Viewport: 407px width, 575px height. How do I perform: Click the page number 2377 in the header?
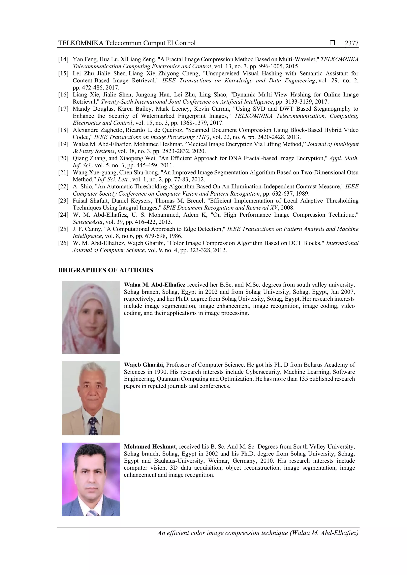(x=351, y=43)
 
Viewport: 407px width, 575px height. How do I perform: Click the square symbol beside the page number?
(x=332, y=43)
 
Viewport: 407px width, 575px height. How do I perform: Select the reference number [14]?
(x=63, y=59)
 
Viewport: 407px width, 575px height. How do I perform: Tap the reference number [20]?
(x=63, y=158)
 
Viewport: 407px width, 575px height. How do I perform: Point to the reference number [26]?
(x=63, y=243)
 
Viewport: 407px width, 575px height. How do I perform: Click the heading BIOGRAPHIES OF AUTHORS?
(x=106, y=270)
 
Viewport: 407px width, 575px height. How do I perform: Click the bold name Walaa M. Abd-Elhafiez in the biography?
(x=155, y=285)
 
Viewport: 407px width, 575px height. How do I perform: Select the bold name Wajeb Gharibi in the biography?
(x=144, y=365)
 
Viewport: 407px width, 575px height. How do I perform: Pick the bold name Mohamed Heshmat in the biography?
(x=150, y=447)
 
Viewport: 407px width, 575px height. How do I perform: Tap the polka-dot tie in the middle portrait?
(x=93, y=426)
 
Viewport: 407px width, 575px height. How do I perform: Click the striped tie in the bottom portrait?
(x=92, y=513)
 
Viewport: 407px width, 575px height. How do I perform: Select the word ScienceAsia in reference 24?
(x=87, y=222)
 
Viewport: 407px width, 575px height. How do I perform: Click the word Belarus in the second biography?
(x=313, y=365)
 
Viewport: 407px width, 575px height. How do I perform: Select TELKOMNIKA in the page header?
(x=81, y=43)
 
